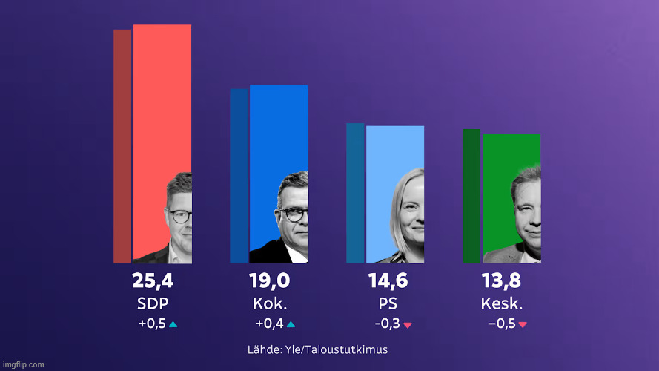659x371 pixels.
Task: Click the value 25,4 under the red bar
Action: tap(153, 281)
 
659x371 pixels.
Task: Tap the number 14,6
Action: tap(388, 281)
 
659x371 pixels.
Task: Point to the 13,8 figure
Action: tap(501, 281)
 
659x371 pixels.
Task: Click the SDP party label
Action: tap(153, 303)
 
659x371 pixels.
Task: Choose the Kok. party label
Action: tap(270, 303)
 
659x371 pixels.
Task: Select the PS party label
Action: tap(388, 303)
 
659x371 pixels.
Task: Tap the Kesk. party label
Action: tap(502, 303)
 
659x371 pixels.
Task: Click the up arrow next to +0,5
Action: tap(173, 324)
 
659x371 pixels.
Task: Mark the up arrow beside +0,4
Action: tap(291, 324)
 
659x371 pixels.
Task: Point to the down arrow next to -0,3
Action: tap(408, 325)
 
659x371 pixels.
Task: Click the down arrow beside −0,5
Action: tap(523, 325)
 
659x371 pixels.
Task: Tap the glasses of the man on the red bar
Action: tap(180, 216)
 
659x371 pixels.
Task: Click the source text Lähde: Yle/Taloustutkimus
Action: tap(317, 349)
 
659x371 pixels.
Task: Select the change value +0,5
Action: tap(152, 324)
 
